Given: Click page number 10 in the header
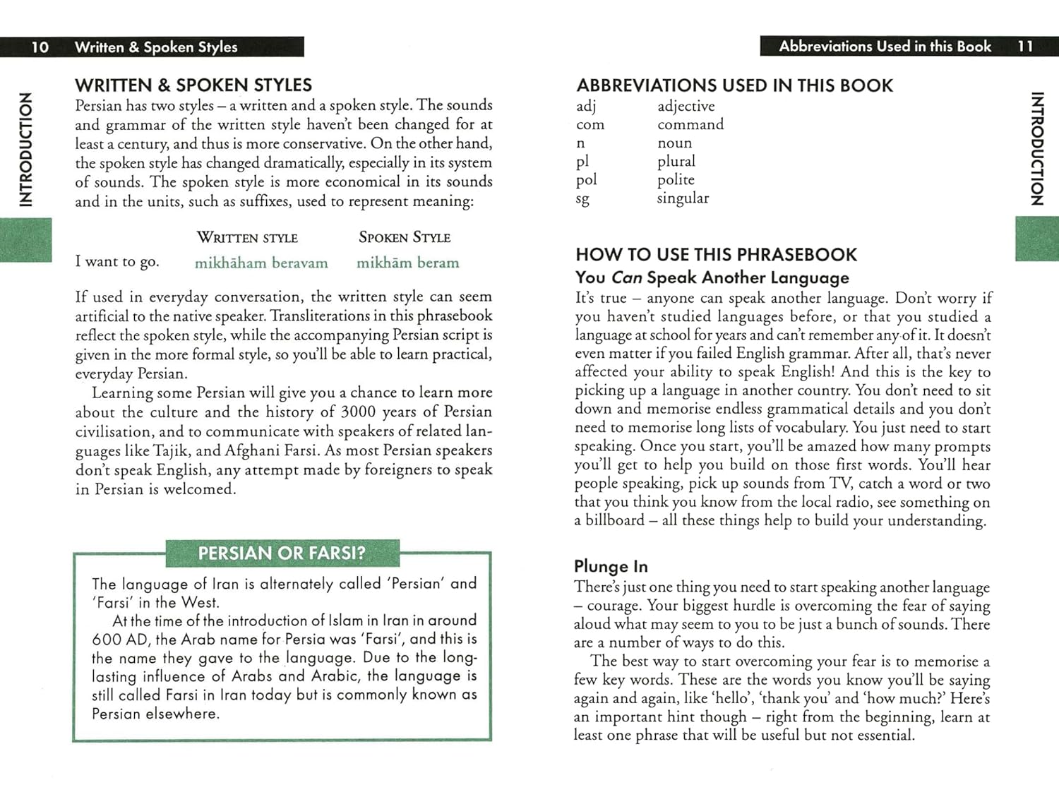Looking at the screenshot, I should (40, 47).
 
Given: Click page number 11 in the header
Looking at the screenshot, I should (1025, 47).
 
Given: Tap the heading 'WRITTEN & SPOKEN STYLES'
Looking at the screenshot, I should (193, 85).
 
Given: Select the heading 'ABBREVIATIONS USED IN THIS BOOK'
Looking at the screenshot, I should (734, 85).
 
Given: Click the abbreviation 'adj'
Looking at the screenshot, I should (586, 107).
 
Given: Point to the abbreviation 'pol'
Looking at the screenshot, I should (586, 180).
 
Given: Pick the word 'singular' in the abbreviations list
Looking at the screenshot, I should (683, 198).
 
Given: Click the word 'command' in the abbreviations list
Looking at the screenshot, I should (690, 125).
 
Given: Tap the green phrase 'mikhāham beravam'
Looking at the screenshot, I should (261, 263).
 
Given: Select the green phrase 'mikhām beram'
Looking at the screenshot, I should (407, 263).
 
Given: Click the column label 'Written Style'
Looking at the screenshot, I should (247, 238).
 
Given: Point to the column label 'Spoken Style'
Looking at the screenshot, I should (405, 238).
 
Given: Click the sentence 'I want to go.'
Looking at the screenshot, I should (117, 262).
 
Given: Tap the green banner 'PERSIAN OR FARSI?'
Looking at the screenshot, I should (282, 553).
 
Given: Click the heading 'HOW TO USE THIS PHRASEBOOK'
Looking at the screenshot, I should (716, 255).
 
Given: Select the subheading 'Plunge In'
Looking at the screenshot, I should (611, 566).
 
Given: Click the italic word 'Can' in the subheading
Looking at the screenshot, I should (626, 277).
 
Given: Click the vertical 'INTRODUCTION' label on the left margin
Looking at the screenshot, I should (26, 149).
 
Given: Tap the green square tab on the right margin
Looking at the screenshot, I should (1036, 239).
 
